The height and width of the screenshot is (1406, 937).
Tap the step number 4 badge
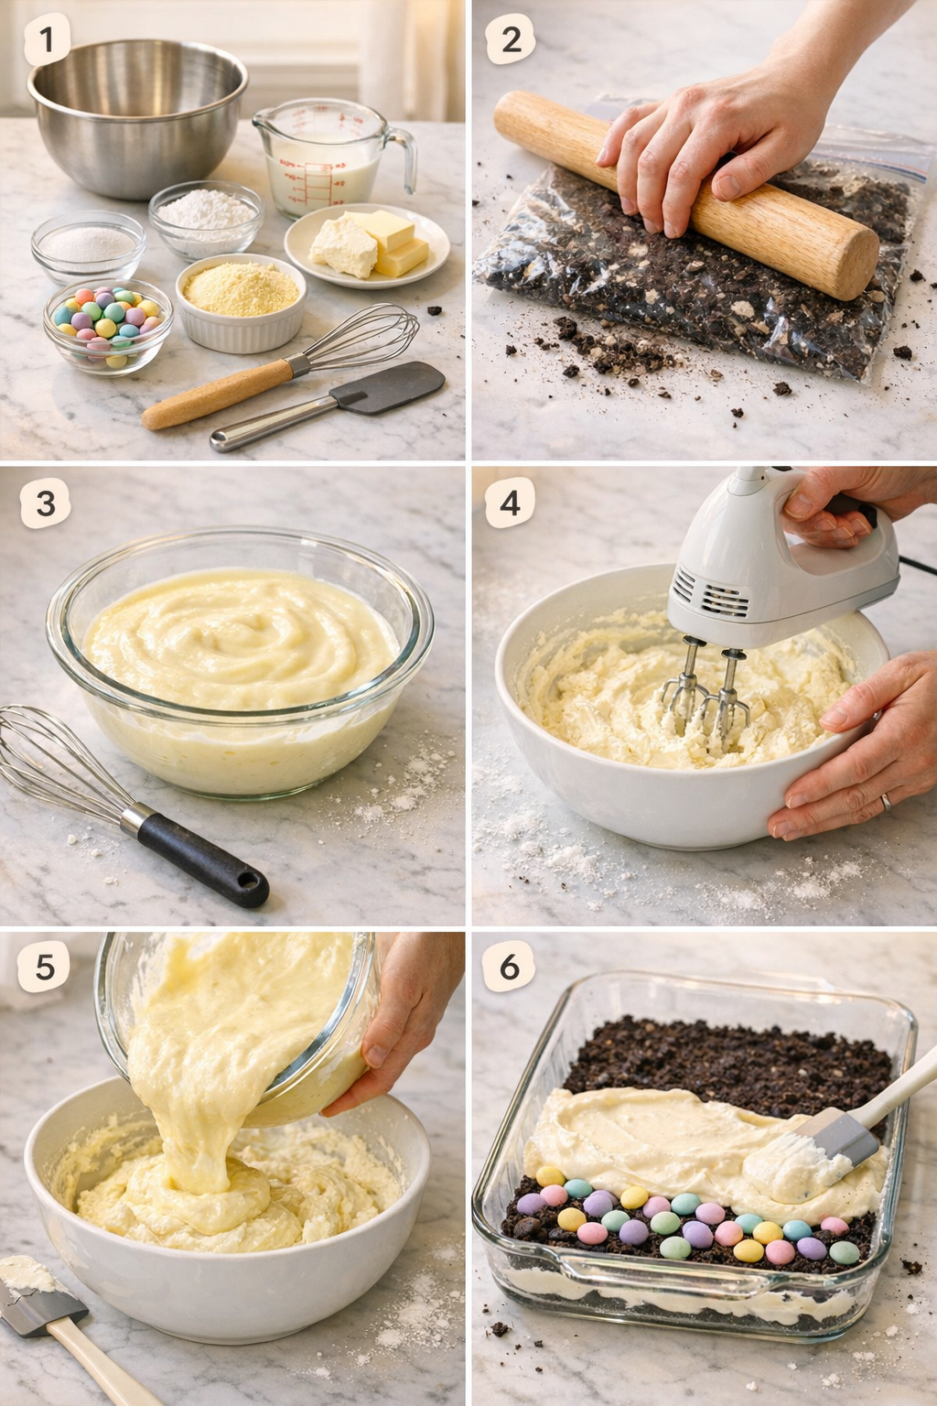[x=510, y=503]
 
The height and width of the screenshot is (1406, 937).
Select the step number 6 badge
[x=510, y=967]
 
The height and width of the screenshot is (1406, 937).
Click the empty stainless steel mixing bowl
[x=137, y=114]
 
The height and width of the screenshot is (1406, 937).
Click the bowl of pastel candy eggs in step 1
[x=107, y=325]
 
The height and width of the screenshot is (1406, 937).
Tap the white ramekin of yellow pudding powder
[x=240, y=302]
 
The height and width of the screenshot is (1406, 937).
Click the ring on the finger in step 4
[x=885, y=802]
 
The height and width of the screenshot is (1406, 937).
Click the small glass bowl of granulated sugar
[x=88, y=245]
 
